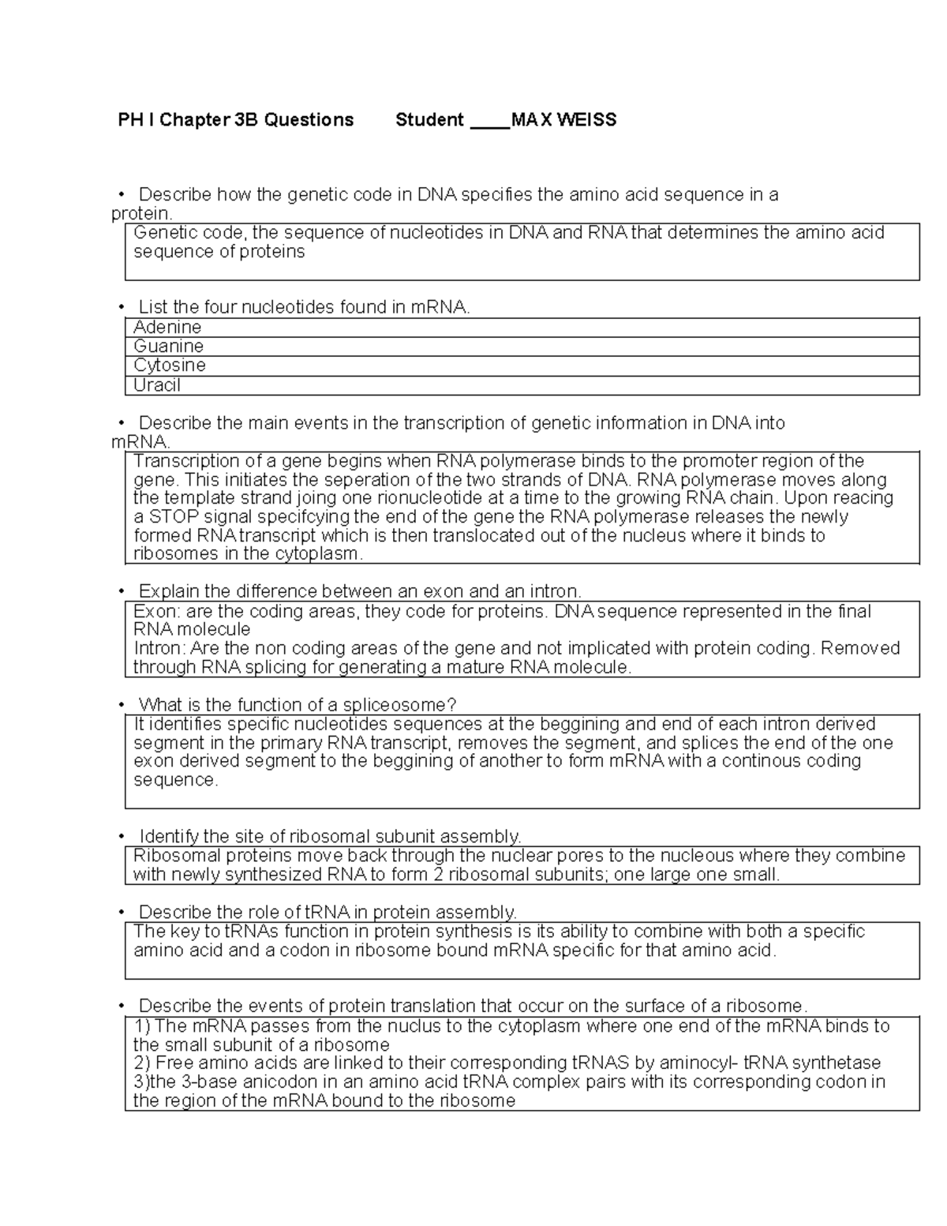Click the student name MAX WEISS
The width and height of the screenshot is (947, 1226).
pyautogui.click(x=563, y=120)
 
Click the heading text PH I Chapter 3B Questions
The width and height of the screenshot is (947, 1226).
pyautogui.click(x=235, y=120)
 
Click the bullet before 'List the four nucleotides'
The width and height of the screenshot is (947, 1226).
pyautogui.click(x=121, y=308)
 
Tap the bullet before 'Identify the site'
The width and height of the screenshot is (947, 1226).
pyautogui.click(x=121, y=837)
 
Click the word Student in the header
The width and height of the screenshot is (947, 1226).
pyautogui.click(x=429, y=120)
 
